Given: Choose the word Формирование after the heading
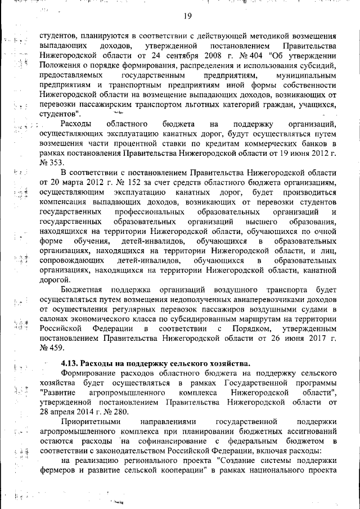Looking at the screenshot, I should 93,373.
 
